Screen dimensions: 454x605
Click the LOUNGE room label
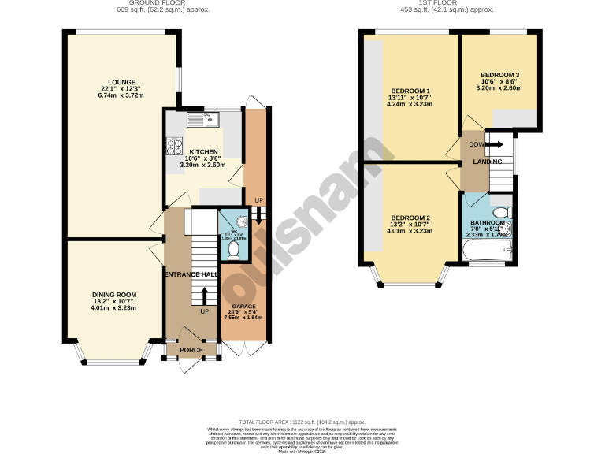pos(123,82)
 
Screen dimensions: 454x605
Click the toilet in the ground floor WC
pos(233,248)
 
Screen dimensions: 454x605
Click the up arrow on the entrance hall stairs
pos(205,296)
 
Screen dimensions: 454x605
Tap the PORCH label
pos(191,350)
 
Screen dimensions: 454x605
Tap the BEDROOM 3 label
pos(500,75)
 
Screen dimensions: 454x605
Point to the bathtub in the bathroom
pos(487,252)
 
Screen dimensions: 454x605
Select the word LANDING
pos(488,162)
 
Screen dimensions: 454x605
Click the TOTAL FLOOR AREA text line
pos(302,422)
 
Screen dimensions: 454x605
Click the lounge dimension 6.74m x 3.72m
pos(123,95)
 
